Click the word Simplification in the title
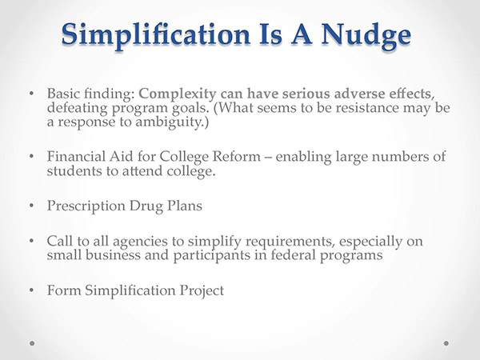tap(156, 35)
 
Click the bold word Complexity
tap(178, 94)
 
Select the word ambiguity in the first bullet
tap(168, 122)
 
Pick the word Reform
tap(236, 157)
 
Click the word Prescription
tap(86, 206)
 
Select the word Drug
tap(146, 206)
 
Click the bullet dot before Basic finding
tap(31, 93)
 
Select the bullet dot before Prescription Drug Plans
tap(31, 206)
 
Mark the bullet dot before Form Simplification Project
tap(31, 290)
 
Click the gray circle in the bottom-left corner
tap(32, 343)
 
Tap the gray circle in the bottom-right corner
tap(446, 343)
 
